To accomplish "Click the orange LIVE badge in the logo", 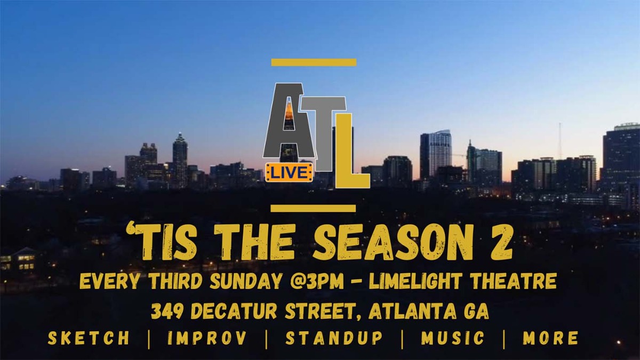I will click(x=289, y=172).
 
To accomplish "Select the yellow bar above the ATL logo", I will click(x=314, y=62).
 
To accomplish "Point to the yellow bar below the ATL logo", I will click(x=313, y=208).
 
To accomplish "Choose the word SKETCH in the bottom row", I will click(x=89, y=338).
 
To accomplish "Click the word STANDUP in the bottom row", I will click(x=334, y=338).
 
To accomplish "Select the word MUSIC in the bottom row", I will click(x=453, y=338).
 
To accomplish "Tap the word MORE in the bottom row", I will click(x=550, y=338).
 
